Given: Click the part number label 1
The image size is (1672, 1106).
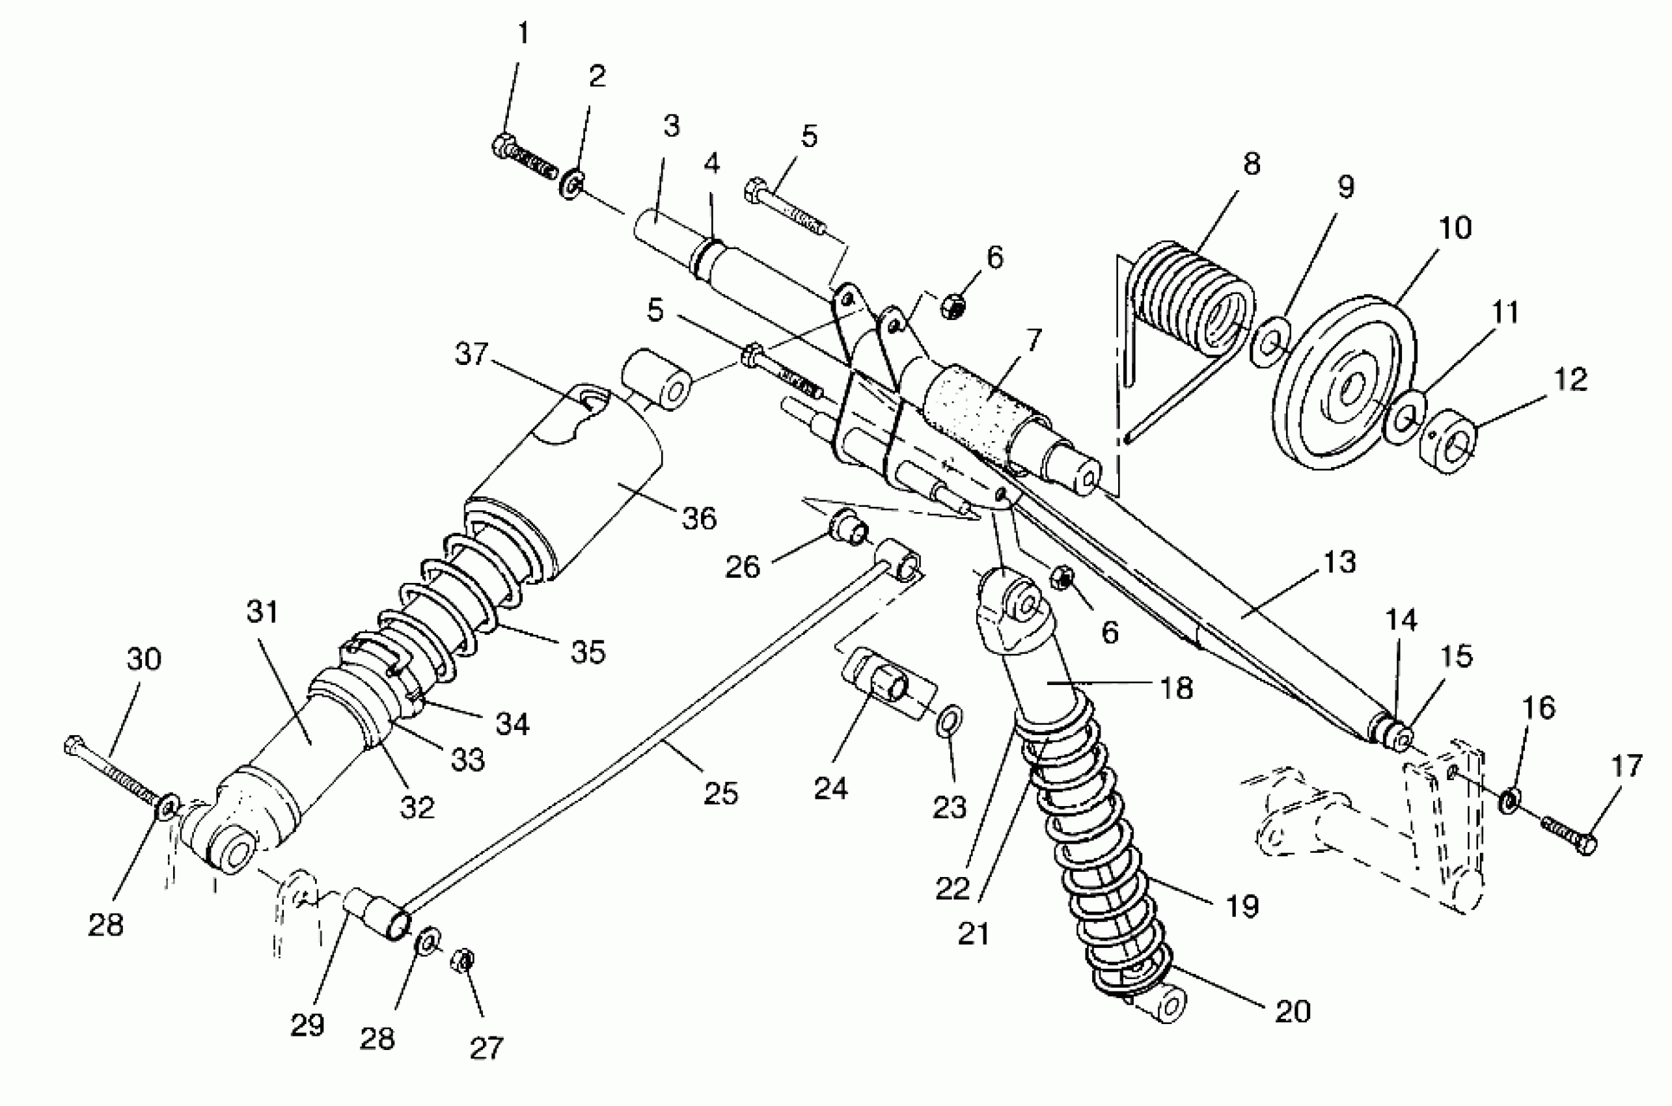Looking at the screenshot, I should pos(523,33).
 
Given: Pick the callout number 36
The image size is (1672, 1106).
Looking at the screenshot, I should pos(699,519).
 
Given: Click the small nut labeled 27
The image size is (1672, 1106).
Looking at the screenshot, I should pos(461,960).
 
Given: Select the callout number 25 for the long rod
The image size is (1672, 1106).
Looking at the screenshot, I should pos(720,794).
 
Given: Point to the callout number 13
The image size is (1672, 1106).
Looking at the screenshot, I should pos(1339,562).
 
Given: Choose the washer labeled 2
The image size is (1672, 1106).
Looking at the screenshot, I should pos(571,184).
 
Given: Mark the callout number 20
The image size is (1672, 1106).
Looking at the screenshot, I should pos(1293,1012).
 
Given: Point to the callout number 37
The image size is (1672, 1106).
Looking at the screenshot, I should pos(471,353).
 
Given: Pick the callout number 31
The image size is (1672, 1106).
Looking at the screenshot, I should pos(262,612).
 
